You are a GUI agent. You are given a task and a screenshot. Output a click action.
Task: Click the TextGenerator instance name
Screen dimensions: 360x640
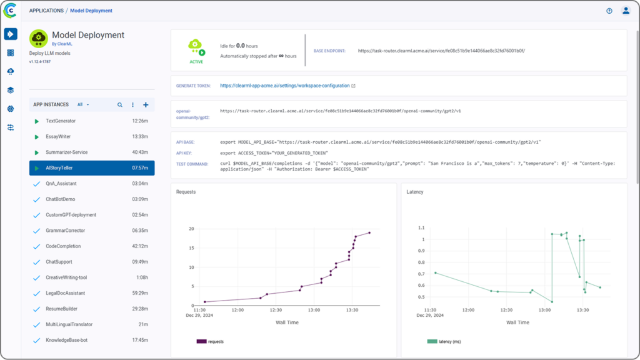(61, 121)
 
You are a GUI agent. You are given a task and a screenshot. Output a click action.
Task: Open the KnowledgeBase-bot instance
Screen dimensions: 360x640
(66, 340)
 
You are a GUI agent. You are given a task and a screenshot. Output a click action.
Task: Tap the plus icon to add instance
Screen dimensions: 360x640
(146, 105)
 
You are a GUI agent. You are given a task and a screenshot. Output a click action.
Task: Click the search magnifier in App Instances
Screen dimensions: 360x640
(120, 105)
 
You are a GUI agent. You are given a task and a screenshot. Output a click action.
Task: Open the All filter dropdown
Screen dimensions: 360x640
(83, 105)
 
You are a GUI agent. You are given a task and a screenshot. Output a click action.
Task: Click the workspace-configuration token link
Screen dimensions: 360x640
(284, 86)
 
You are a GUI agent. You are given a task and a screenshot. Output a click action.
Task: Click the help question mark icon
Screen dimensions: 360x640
(609, 11)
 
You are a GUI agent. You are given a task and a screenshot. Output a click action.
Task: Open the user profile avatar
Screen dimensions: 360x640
(626, 11)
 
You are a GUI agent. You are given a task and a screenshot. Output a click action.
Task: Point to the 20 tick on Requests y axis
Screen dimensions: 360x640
(191, 229)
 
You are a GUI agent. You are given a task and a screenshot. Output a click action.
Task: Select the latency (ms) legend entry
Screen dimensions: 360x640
(445, 341)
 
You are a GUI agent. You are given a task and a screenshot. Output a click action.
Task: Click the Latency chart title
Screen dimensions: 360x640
(415, 192)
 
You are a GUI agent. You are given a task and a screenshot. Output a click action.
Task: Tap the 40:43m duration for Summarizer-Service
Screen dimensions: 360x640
(140, 152)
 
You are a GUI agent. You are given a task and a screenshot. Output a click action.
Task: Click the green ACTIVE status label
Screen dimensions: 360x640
(196, 62)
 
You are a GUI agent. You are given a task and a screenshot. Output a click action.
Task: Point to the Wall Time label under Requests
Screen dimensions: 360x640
(287, 322)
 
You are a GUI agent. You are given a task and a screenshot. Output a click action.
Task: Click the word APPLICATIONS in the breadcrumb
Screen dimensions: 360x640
(46, 11)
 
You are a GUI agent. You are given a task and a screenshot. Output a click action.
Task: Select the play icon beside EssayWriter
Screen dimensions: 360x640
(37, 137)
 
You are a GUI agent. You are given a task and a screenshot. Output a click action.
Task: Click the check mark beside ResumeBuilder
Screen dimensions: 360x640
(36, 309)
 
